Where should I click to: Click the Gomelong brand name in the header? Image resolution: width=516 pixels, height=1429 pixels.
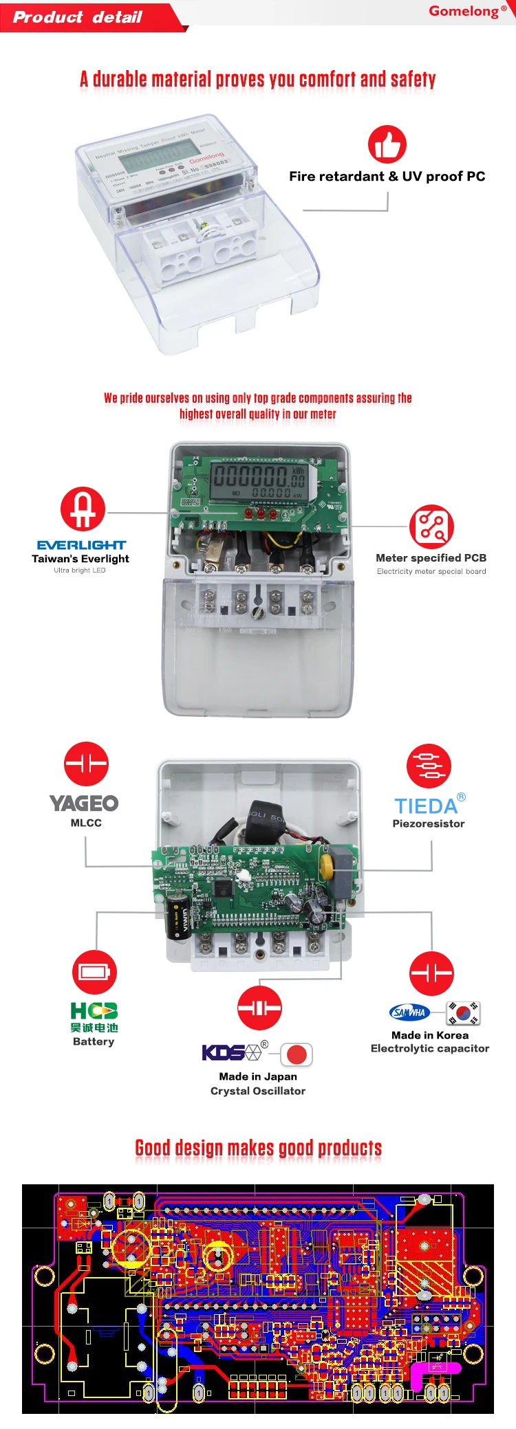coord(464,11)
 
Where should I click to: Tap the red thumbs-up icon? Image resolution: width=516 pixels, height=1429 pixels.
coord(387,144)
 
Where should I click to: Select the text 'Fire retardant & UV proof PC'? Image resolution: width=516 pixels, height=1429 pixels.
coord(387,177)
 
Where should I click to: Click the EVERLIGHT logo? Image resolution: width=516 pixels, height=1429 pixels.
coord(81,545)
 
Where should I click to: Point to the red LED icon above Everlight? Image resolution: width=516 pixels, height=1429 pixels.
coord(83,509)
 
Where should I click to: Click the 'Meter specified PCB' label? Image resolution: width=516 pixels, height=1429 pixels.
coord(431,558)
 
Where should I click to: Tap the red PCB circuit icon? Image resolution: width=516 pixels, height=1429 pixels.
coord(431,527)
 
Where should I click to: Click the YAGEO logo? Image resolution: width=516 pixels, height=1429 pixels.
coord(84,803)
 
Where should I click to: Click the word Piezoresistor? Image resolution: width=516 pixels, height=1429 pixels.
coord(428,823)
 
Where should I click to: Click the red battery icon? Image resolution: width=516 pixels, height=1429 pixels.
coord(94,972)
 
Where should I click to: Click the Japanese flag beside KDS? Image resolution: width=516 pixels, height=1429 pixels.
coord(297,1054)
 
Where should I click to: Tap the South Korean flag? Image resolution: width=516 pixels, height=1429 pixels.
coord(463,1012)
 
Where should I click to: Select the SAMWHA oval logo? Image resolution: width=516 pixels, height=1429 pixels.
coord(409,1012)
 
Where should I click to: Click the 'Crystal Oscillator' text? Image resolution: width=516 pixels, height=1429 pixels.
coord(258,1091)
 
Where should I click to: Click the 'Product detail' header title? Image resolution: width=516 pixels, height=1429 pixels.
coord(78,17)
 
